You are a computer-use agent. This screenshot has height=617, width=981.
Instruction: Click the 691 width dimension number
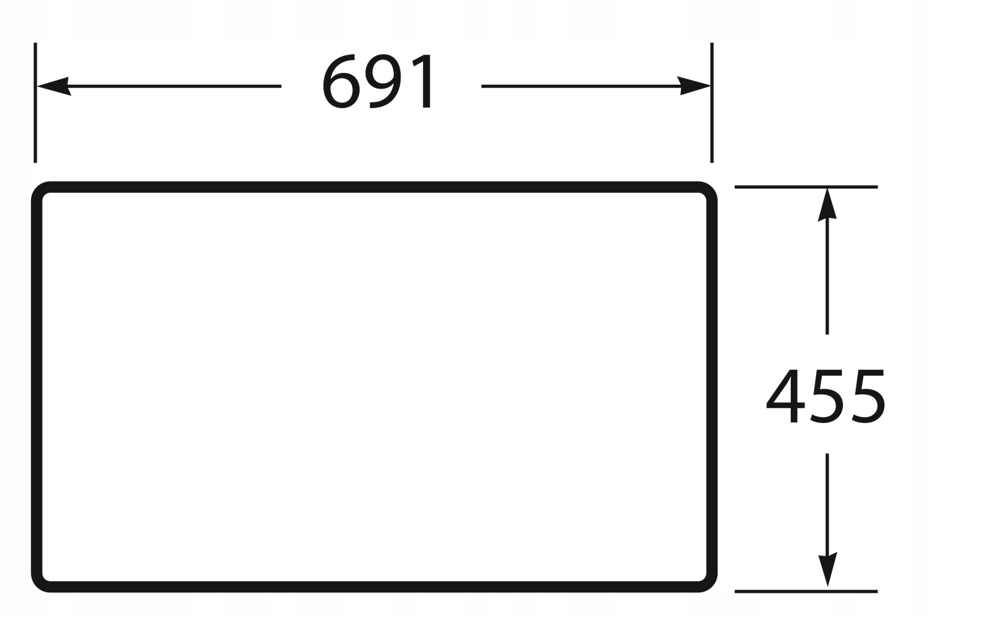379,82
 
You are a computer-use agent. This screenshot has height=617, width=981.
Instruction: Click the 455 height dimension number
826,396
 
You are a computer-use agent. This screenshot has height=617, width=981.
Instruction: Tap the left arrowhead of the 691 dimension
53,86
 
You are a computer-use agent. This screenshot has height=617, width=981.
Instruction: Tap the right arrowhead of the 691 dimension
694,86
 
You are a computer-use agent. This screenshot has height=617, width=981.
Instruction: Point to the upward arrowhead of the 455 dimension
827,204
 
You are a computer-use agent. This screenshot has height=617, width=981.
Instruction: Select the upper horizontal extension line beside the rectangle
806,187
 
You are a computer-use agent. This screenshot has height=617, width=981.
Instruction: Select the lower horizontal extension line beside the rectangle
806,591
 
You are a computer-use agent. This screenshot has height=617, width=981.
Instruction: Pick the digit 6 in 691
340,82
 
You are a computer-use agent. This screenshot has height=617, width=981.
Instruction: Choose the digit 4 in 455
785,396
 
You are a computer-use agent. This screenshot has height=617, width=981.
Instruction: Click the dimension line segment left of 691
174,86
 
